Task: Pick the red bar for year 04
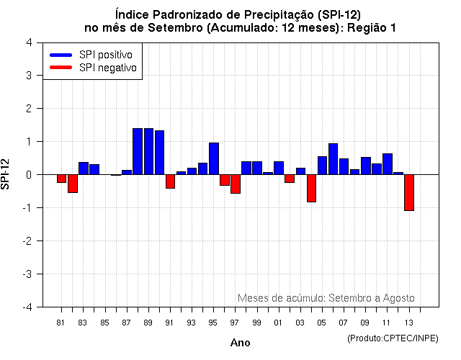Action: click(x=311, y=188)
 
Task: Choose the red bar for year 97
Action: click(x=236, y=184)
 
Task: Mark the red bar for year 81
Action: click(x=62, y=179)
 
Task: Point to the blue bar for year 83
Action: click(x=84, y=168)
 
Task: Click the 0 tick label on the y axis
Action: click(x=28, y=175)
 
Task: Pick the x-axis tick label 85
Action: click(x=104, y=323)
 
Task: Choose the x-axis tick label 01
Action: click(x=278, y=323)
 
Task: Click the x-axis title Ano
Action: click(x=241, y=343)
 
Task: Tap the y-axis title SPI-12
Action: click(x=7, y=174)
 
